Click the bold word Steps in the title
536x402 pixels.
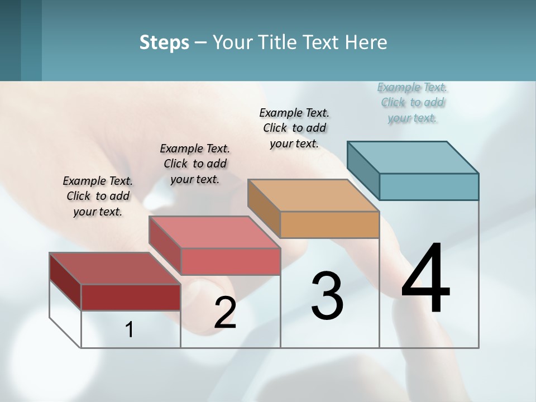[x=164, y=42]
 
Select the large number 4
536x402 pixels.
[x=425, y=279]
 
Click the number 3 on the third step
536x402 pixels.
[x=327, y=296]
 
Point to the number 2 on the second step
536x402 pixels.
[x=225, y=313]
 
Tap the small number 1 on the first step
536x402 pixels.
[x=130, y=330]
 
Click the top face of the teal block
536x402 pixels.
[x=413, y=157]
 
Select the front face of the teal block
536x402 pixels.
[x=429, y=186]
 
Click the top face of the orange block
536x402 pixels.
[x=314, y=195]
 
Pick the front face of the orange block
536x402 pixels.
[x=329, y=224]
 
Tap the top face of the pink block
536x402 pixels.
[x=214, y=232]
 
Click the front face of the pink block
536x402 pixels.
[x=230, y=261]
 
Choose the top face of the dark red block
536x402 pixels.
[x=115, y=269]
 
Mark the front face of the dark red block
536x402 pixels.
[x=131, y=297]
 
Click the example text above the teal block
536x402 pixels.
[x=412, y=102]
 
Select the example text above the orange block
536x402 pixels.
[x=294, y=128]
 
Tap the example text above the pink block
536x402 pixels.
[x=195, y=164]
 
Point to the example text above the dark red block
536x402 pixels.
[x=98, y=196]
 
